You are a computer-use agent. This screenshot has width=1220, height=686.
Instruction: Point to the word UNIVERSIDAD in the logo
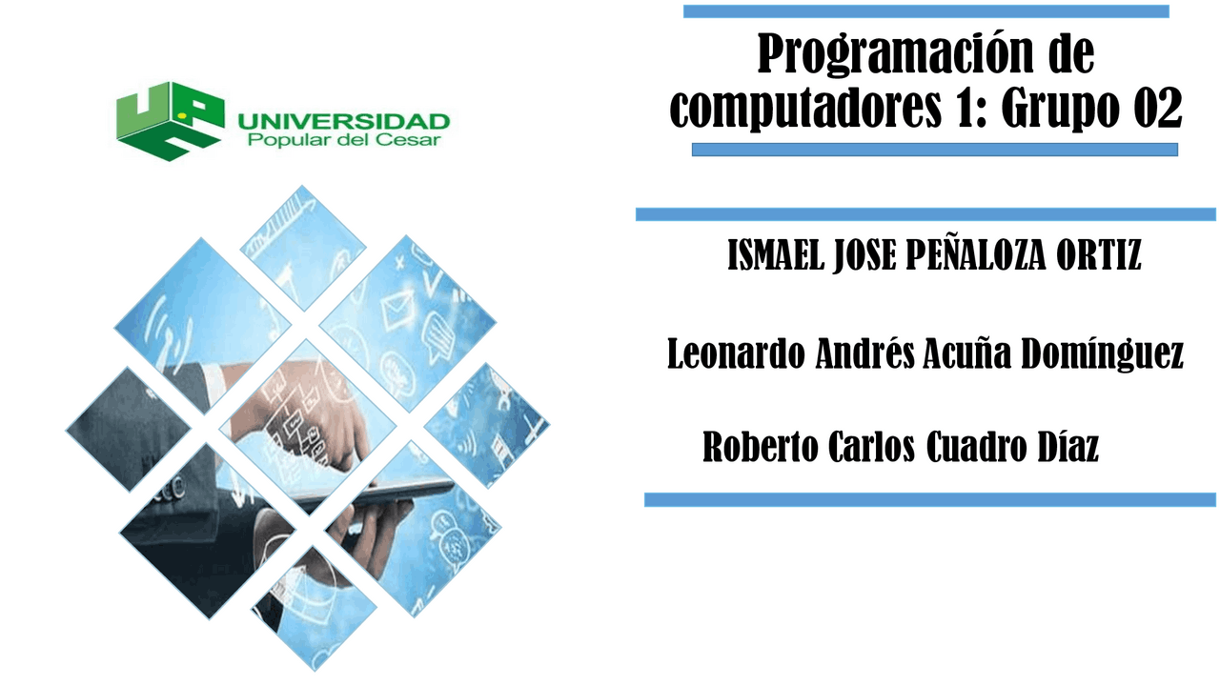pyautogui.click(x=343, y=122)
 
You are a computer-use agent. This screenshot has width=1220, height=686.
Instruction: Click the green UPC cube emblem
pyautogui.click(x=169, y=120)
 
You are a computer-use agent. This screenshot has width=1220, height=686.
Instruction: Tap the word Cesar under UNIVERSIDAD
pyautogui.click(x=417, y=141)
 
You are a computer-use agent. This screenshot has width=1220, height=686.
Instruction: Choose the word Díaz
pyautogui.click(x=1067, y=447)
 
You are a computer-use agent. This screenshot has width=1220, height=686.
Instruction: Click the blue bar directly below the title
pyautogui.click(x=934, y=150)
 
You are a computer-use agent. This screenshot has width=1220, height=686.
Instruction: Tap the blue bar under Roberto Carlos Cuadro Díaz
pyautogui.click(x=930, y=499)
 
